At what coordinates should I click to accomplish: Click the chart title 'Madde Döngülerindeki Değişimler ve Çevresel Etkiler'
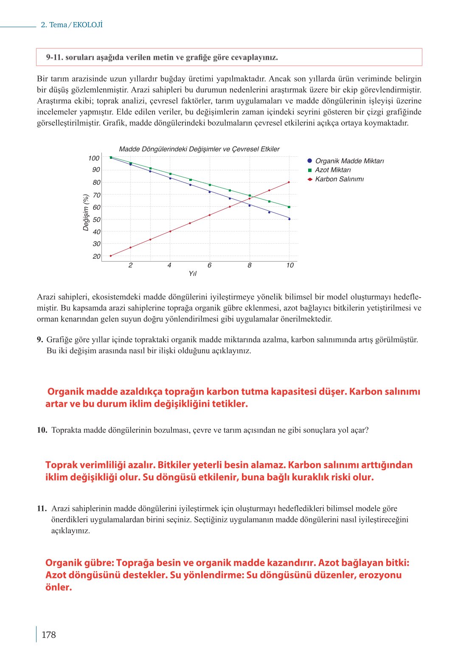[199, 149]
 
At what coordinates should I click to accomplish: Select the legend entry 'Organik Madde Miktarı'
[349, 161]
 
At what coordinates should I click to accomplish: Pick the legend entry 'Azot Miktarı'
[333, 170]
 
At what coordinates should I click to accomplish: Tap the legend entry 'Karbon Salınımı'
[339, 179]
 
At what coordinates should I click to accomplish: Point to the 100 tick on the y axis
[94, 158]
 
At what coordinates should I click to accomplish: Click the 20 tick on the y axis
[96, 256]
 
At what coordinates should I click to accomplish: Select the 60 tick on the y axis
[96, 207]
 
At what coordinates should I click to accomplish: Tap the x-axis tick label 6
[209, 265]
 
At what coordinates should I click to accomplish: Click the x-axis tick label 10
[289, 265]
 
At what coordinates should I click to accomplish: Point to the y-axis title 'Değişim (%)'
[86, 212]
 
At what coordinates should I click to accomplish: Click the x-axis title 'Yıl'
[193, 274]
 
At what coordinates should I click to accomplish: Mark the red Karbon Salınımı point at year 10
[289, 182]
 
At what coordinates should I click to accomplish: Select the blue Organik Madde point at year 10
[289, 219]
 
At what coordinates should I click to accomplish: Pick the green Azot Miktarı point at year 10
[289, 207]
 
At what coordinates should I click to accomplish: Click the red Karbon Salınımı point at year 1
[111, 256]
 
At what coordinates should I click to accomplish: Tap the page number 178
[48, 635]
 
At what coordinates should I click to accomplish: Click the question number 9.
[40, 340]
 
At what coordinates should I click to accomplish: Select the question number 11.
[42, 509]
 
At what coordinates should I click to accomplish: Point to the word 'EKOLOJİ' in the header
[88, 25]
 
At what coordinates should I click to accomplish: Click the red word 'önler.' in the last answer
[59, 587]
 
